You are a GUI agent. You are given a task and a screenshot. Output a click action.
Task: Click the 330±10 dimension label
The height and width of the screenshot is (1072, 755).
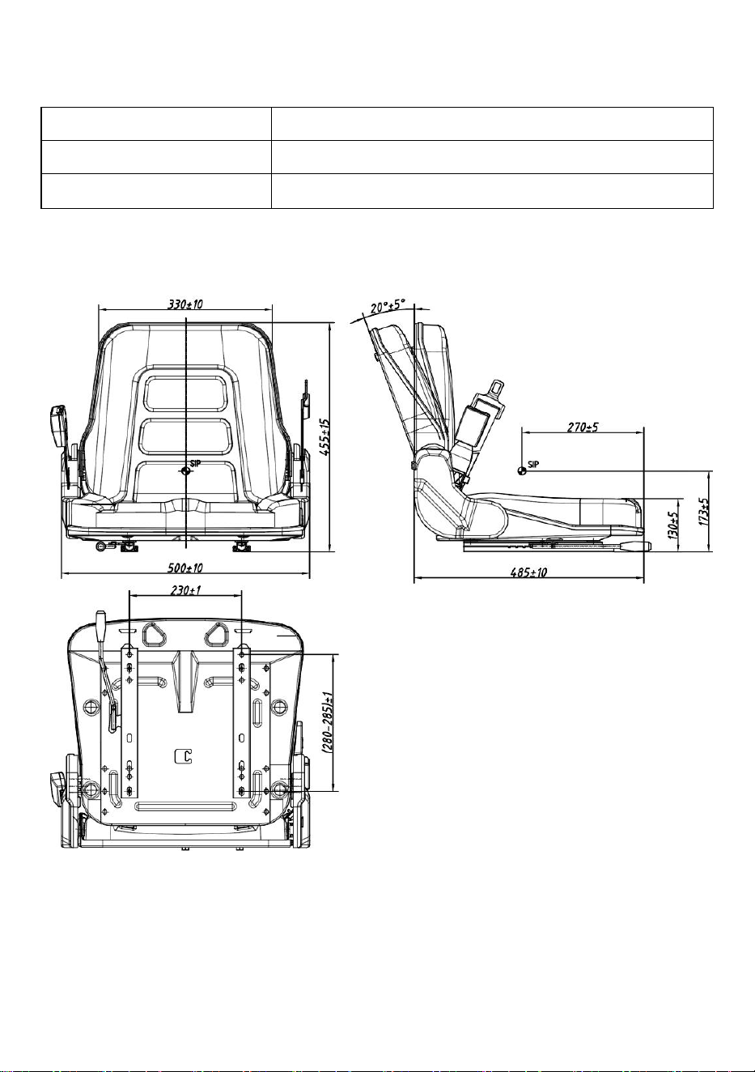pyautogui.click(x=185, y=304)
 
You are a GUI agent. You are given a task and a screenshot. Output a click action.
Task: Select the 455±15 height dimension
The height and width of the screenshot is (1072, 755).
pyautogui.click(x=324, y=437)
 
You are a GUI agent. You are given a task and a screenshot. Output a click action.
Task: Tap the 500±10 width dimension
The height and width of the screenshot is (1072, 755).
pyautogui.click(x=185, y=568)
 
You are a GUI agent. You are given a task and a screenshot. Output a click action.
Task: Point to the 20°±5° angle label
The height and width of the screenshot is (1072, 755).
pyautogui.click(x=388, y=306)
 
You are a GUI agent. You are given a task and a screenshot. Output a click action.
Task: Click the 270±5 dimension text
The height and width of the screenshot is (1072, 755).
pyautogui.click(x=583, y=427)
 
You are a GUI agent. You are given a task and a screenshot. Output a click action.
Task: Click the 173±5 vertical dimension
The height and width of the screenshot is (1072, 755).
pyautogui.click(x=703, y=511)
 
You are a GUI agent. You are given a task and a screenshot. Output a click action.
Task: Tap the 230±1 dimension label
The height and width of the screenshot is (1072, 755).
pyautogui.click(x=185, y=590)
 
